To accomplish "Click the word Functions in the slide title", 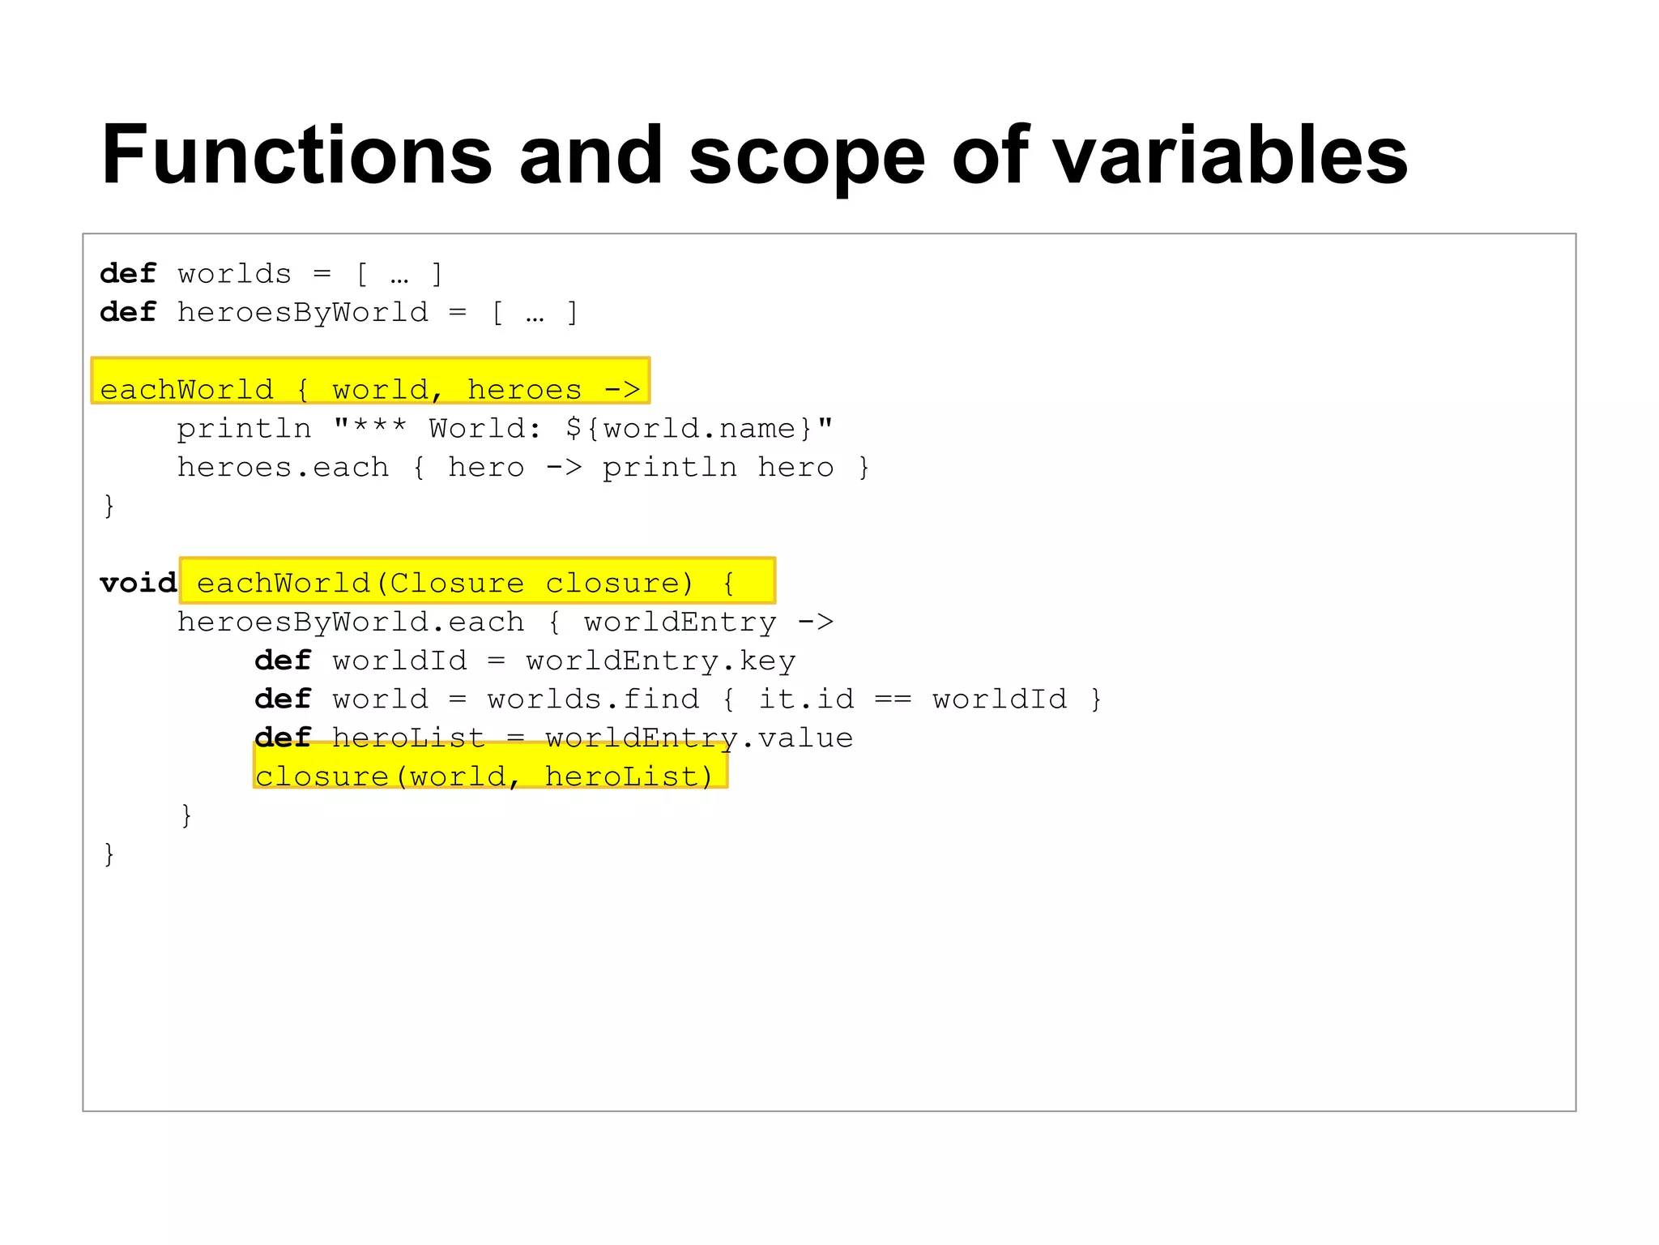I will [x=296, y=155].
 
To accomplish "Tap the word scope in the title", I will [x=806, y=155].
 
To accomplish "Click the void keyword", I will [x=138, y=583].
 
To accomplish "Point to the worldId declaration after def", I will [x=399, y=661].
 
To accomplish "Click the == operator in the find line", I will [x=893, y=699].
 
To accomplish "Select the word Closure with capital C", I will [x=457, y=583].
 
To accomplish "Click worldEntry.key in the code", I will [x=660, y=661].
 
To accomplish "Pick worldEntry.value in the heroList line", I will [x=698, y=738].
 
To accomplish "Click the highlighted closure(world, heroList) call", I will [x=484, y=776].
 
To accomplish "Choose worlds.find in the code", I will [x=592, y=699].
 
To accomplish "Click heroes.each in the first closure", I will [x=283, y=467].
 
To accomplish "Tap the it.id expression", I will [x=806, y=699].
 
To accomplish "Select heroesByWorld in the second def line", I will [x=303, y=312].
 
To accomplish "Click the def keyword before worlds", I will [x=128, y=274].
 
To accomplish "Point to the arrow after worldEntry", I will [x=815, y=622].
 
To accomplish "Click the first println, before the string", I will [x=244, y=428].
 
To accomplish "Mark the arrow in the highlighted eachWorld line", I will [x=622, y=390].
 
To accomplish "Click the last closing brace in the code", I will [x=109, y=854].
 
